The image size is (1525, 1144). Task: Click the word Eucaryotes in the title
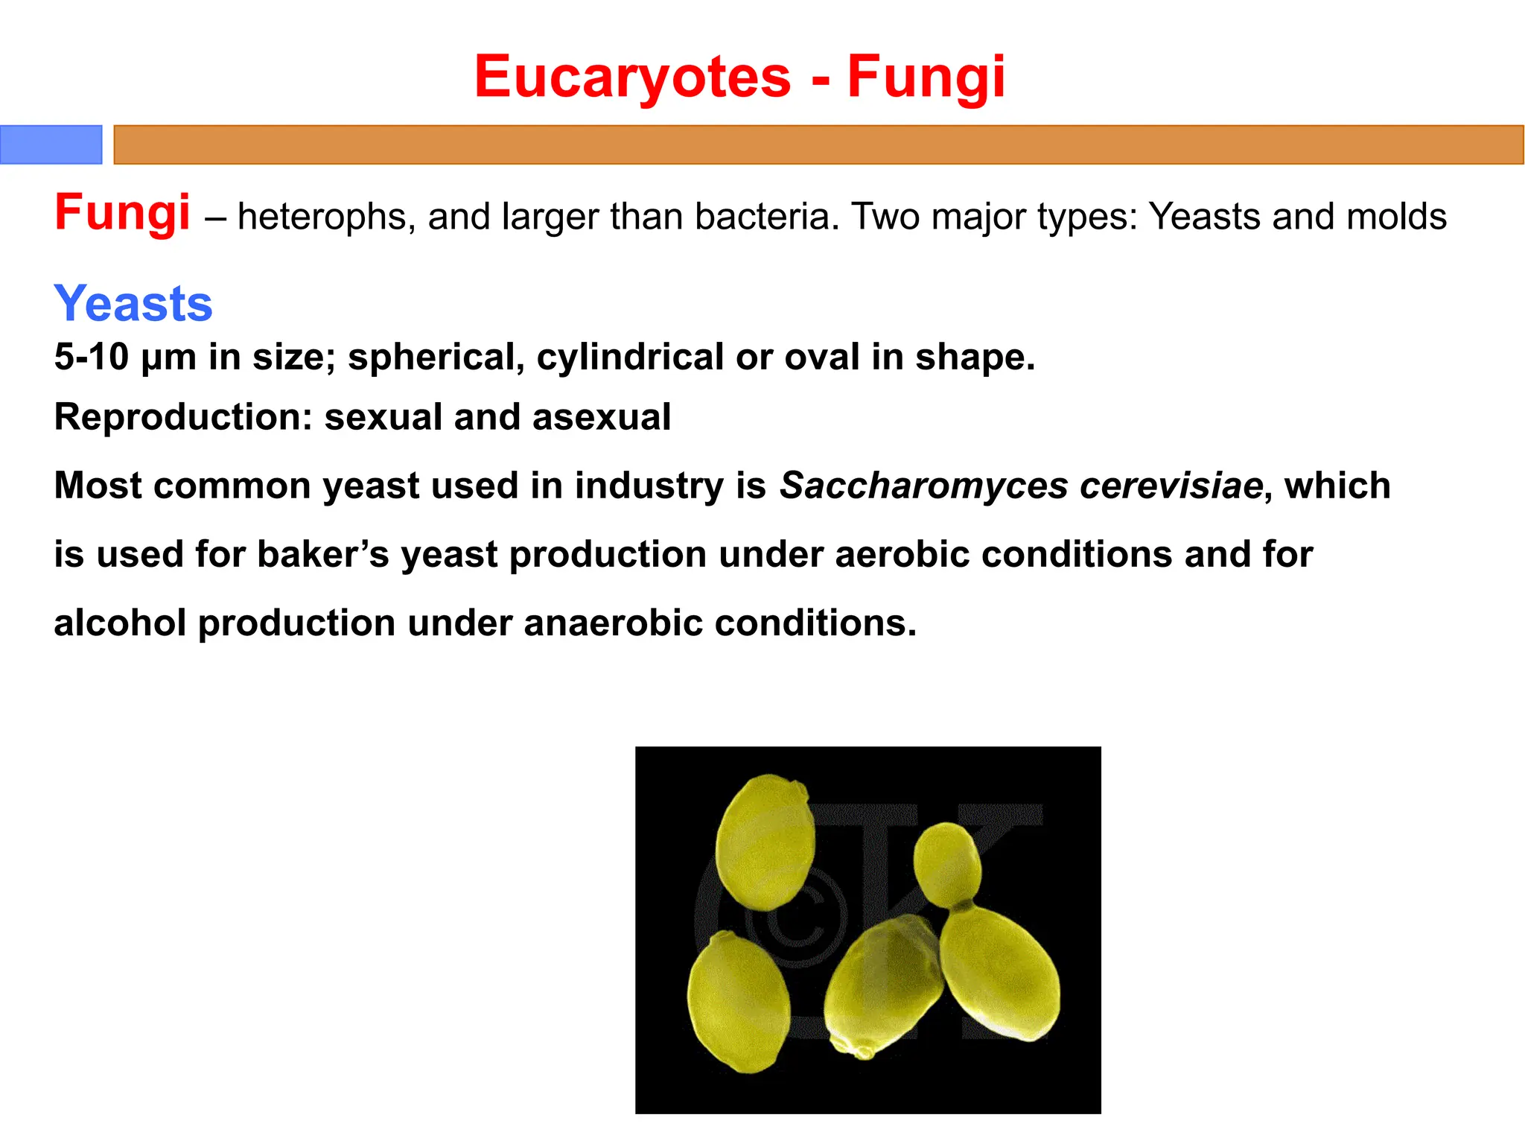pyautogui.click(x=632, y=77)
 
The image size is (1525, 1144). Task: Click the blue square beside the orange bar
pyautogui.click(x=51, y=144)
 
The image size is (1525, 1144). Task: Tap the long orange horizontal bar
pyautogui.click(x=818, y=144)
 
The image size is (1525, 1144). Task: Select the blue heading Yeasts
pyautogui.click(x=133, y=304)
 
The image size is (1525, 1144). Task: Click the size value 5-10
pyautogui.click(x=92, y=357)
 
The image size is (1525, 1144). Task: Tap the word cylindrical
pyautogui.click(x=630, y=357)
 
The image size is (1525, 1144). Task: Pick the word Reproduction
pyautogui.click(x=182, y=417)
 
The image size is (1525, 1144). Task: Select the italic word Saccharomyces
pyautogui.click(x=923, y=486)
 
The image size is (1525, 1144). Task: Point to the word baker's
pyautogui.click(x=322, y=555)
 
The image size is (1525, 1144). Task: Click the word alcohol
pyautogui.click(x=120, y=623)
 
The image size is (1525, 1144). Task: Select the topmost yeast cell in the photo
pyautogui.click(x=765, y=842)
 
